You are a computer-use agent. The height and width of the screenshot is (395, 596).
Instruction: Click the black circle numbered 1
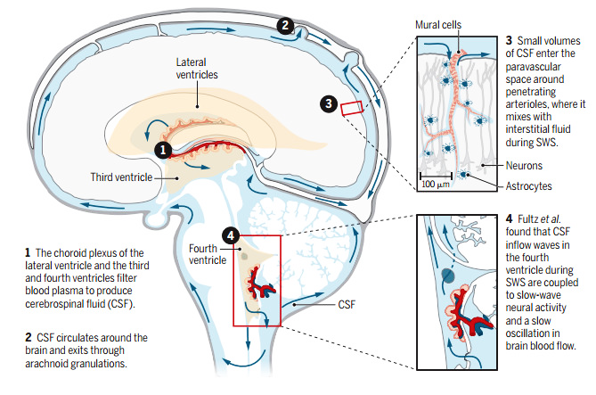coord(163,150)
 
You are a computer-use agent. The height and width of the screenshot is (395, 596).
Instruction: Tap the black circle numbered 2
coord(285,26)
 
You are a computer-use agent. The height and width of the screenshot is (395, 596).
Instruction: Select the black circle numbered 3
coord(329,103)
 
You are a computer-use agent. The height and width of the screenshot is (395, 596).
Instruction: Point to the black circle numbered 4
coord(231,236)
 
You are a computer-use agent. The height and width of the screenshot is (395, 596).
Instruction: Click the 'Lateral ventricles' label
coord(197,69)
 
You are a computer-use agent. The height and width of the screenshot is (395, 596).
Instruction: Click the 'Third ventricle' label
coord(121,177)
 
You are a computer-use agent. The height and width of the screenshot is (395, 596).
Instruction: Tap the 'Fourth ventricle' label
coord(208,254)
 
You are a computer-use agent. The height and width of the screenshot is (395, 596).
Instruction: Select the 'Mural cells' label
coord(438,25)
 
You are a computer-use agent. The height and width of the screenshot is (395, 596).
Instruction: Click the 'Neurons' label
coord(524,166)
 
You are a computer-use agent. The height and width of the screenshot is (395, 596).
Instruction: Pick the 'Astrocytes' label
coord(528,186)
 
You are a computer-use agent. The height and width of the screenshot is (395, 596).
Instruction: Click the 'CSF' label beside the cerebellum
coord(347,304)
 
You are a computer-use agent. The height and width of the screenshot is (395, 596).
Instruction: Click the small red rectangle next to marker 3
coord(352,108)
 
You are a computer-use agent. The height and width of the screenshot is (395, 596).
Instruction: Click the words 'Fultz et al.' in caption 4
coord(539,219)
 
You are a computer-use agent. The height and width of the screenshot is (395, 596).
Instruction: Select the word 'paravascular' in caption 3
coord(533,67)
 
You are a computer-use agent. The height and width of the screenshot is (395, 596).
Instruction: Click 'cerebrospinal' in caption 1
coord(52,304)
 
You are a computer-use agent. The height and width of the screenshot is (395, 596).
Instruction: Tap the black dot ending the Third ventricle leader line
coord(177,177)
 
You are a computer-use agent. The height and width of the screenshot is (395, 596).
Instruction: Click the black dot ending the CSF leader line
coord(294,305)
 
